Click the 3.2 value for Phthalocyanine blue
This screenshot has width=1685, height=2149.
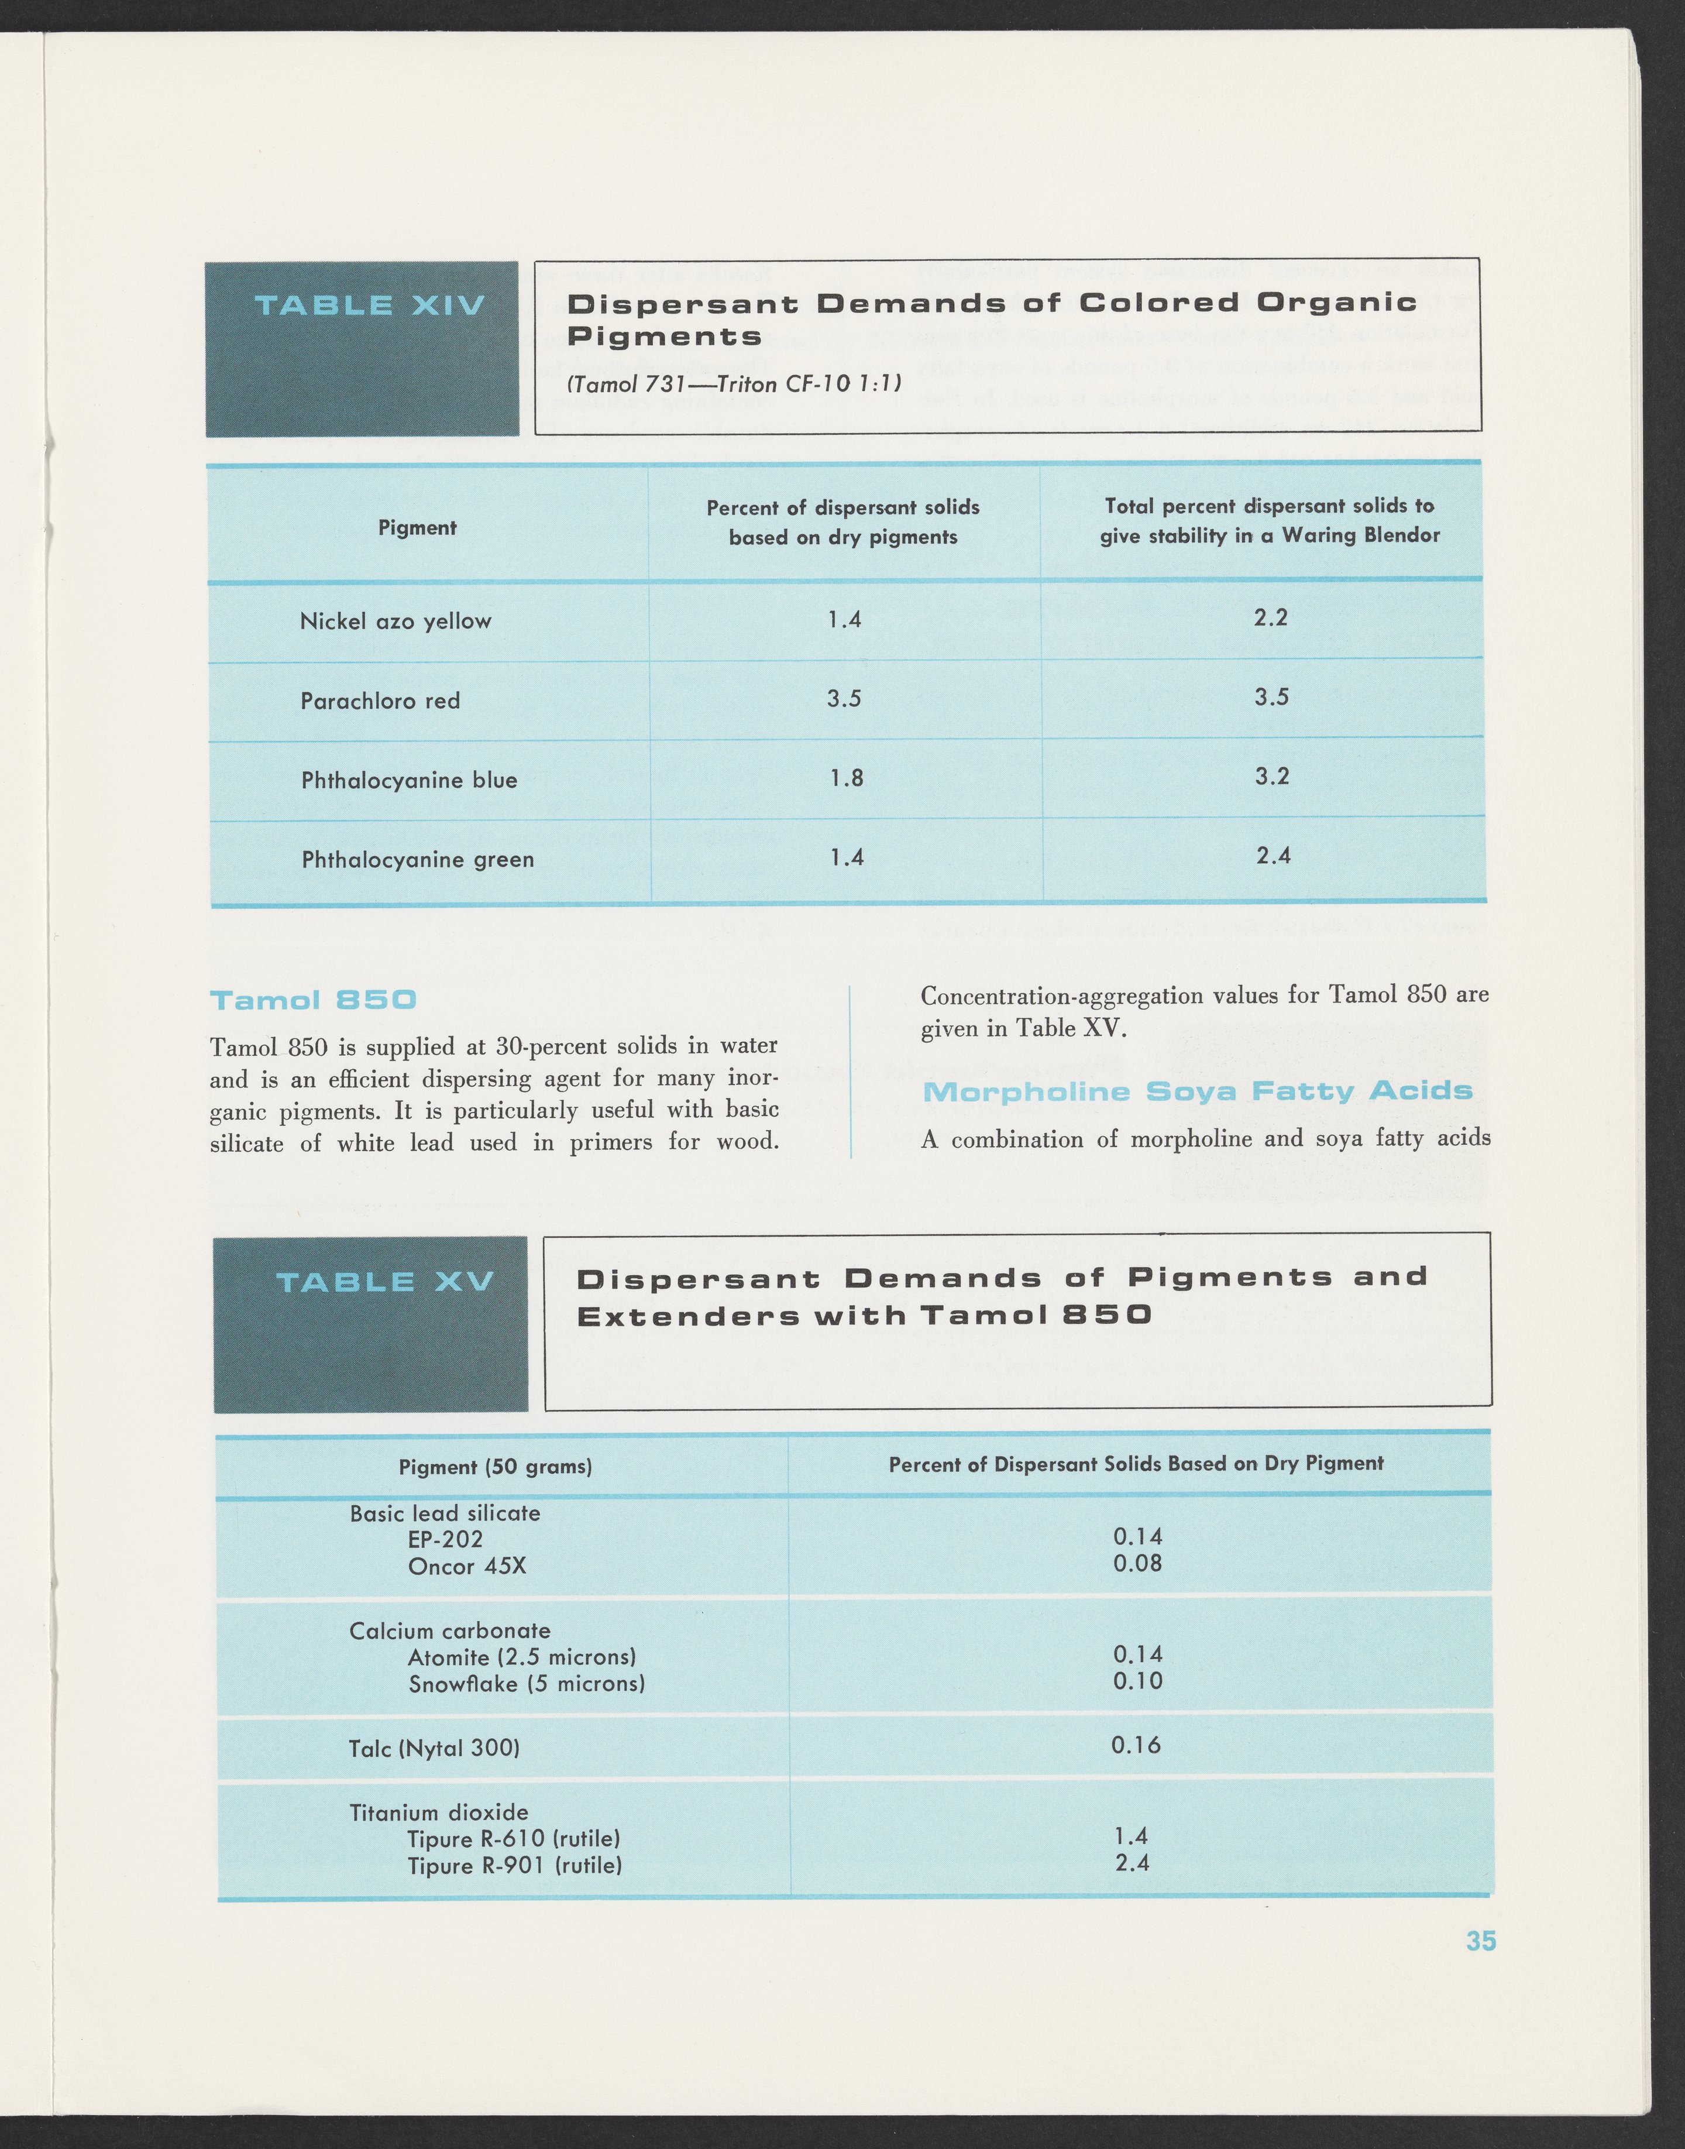pos(1271,777)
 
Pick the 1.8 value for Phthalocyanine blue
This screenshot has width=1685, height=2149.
pos(845,778)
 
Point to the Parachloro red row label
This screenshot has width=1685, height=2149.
pos(380,701)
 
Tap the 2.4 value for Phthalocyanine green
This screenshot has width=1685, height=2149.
pos(1273,856)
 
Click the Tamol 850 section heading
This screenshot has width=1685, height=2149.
pos(314,1001)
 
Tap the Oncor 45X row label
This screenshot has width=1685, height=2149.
pos(467,1566)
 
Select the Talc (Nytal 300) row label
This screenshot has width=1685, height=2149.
pos(434,1749)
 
